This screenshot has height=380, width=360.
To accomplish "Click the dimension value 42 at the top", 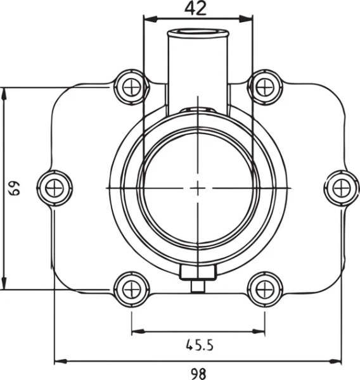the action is coord(195,8).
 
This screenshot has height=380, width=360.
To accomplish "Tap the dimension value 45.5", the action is coord(200,345).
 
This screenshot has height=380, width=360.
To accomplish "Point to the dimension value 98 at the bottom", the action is coord(198,374).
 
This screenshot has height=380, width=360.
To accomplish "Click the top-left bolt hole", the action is coord(131,87).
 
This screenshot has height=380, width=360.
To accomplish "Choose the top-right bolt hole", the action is coord(265,87).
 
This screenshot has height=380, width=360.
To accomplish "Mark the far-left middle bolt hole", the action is coord(55,188).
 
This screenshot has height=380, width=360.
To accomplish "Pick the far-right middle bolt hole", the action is coord(342,188).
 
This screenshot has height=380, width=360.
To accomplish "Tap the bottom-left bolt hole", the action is coord(131,289).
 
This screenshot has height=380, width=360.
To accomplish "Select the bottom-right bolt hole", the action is coord(265,289).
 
